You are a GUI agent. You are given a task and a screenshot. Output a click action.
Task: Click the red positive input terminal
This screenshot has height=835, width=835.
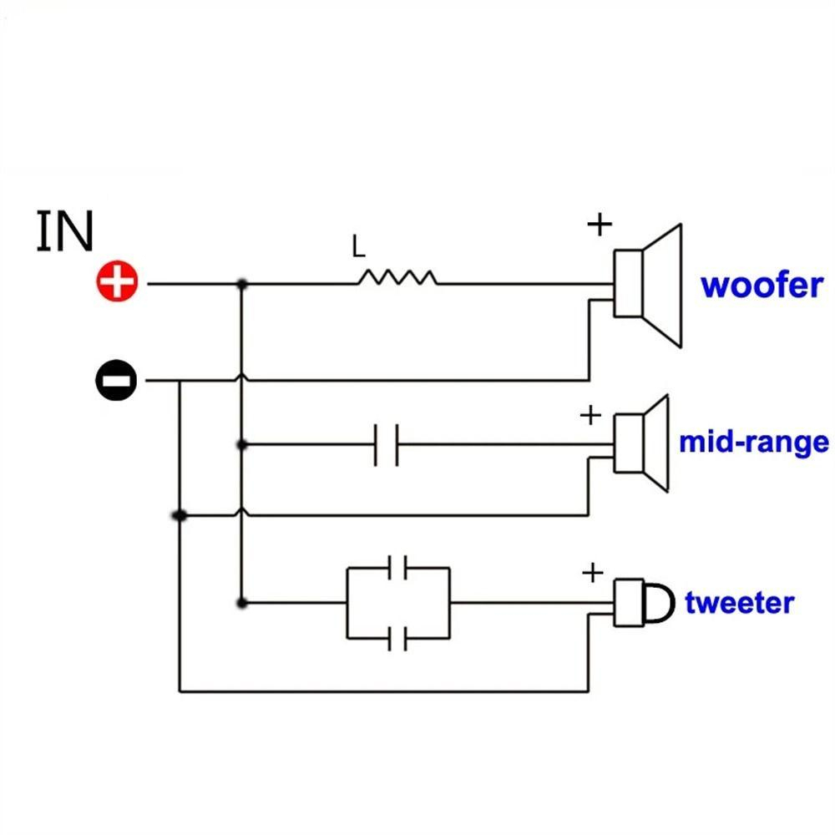[x=117, y=281]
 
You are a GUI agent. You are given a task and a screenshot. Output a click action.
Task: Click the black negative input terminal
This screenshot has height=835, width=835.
[x=116, y=380]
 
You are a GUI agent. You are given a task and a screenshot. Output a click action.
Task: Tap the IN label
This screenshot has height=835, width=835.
[x=65, y=230]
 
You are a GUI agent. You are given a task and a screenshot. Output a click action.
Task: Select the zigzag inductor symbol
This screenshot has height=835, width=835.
[x=397, y=277]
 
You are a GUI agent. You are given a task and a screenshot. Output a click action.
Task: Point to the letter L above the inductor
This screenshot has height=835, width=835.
[x=358, y=246]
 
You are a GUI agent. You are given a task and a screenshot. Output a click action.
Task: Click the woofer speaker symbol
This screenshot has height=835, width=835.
[x=648, y=286]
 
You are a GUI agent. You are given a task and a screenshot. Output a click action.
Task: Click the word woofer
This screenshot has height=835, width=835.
[x=762, y=286]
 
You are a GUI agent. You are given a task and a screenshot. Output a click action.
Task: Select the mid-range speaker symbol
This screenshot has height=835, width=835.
[x=641, y=443]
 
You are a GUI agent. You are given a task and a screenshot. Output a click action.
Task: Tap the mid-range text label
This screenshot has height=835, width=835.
[x=754, y=443]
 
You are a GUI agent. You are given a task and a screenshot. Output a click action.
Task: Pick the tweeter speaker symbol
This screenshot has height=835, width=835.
[x=644, y=603]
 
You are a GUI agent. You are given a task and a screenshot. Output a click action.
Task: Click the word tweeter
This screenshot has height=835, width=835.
[x=739, y=603]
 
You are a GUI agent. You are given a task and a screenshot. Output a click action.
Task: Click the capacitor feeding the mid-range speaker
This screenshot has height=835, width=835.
[x=386, y=445]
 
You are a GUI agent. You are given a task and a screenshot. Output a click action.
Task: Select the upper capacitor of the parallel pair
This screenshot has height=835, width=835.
[x=397, y=568]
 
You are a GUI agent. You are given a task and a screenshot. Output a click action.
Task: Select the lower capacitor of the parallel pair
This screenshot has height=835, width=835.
[x=397, y=638]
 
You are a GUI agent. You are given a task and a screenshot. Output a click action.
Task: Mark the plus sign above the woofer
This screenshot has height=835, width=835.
[x=600, y=224]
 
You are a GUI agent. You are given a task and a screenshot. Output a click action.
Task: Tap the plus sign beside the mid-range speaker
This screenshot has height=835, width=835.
[x=590, y=414]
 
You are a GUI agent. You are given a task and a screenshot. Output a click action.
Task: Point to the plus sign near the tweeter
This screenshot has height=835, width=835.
[x=592, y=573]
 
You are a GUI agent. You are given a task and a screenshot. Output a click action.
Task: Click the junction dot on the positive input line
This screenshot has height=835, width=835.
[x=242, y=285]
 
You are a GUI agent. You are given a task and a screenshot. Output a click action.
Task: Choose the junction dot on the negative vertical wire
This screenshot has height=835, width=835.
[x=180, y=515]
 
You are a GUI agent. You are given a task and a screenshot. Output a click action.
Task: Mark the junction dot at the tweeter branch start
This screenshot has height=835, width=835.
[x=242, y=603]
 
